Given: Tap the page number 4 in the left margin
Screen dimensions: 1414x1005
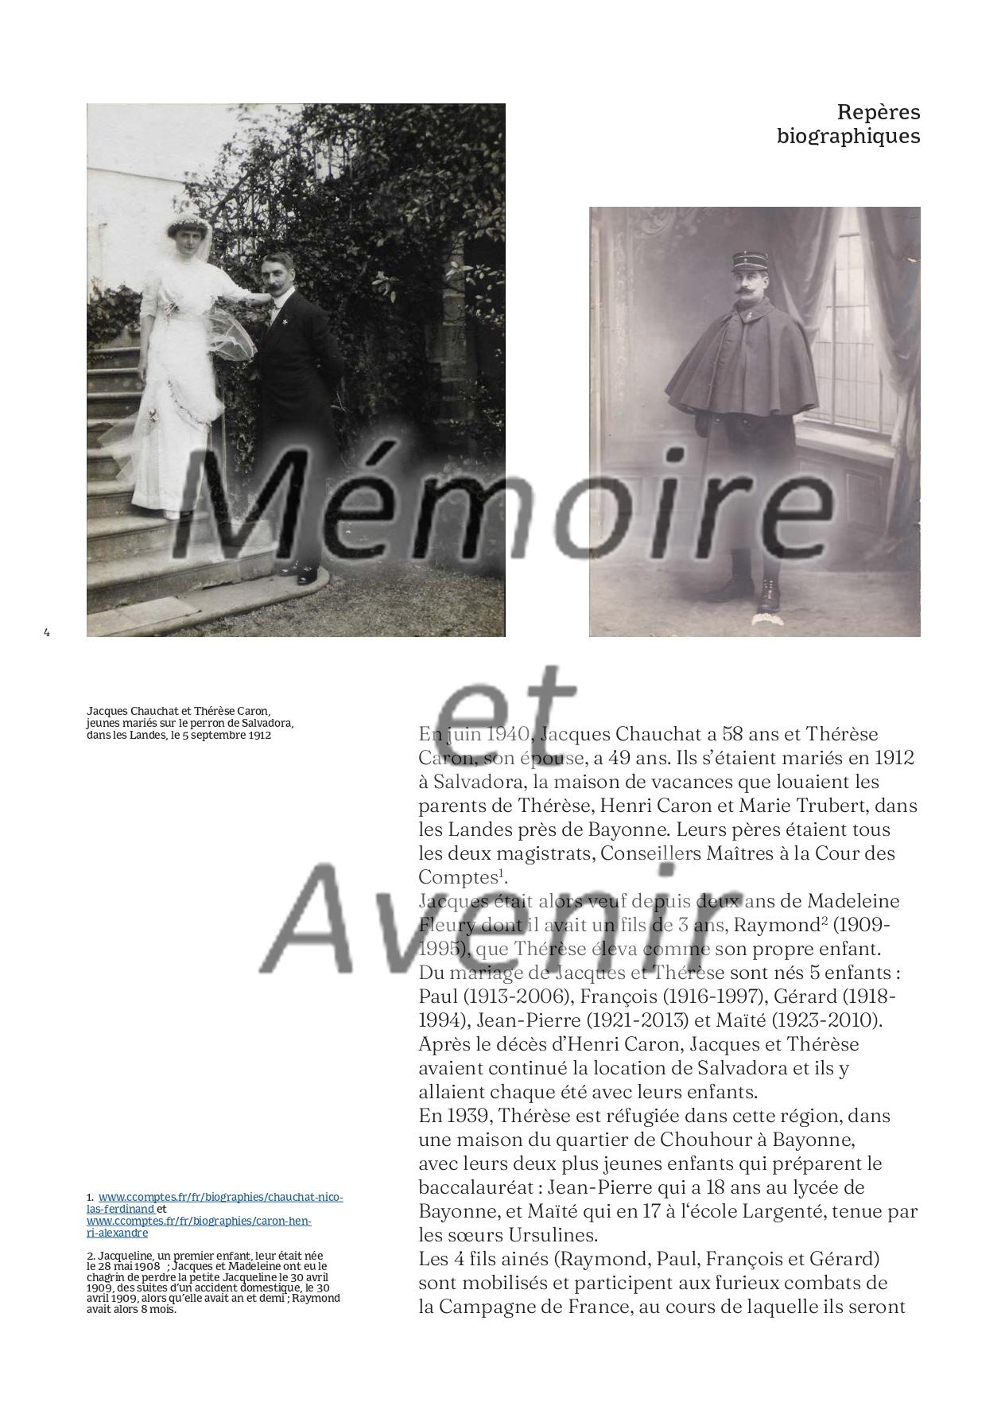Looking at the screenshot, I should (47, 632).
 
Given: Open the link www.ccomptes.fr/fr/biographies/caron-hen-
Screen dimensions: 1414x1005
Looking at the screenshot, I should (199, 1221).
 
